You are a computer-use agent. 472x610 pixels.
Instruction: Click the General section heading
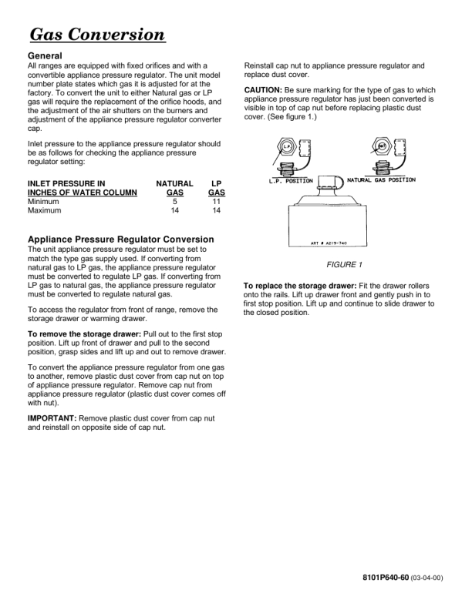pos(45,56)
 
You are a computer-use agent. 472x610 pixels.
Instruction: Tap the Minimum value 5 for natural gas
pos(175,201)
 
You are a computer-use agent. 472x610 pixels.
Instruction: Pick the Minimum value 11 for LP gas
pos(217,201)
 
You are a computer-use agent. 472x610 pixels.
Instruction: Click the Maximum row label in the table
pos(45,210)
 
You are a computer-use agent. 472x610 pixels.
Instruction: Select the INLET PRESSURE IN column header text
pos(66,183)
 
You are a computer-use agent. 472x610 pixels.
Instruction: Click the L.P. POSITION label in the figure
pos(291,181)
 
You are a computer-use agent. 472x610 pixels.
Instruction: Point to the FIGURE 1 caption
pos(344,265)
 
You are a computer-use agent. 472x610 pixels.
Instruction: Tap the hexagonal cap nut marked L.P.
pos(285,146)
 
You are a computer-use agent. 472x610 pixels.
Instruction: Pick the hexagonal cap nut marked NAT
pos(379,145)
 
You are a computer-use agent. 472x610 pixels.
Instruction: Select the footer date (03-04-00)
pos(427,578)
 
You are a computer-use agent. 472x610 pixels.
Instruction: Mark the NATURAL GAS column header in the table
pos(174,188)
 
